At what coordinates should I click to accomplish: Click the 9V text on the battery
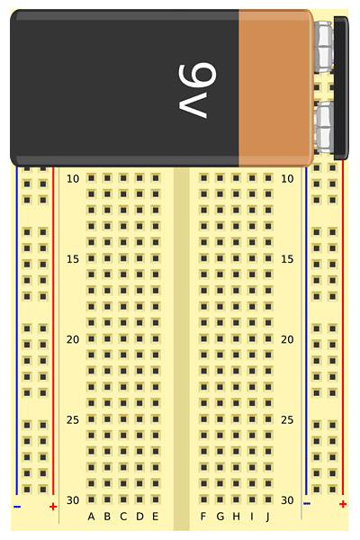tap(197, 91)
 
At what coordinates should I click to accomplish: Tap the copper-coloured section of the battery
tap(276, 88)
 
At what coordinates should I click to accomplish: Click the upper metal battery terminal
tap(325, 47)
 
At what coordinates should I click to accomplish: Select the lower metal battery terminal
tap(325, 128)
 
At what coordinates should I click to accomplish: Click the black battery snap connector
tap(341, 88)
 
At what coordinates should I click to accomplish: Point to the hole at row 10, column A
tap(91, 178)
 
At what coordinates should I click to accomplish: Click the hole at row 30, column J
tap(268, 499)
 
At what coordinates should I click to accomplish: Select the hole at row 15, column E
tap(156, 258)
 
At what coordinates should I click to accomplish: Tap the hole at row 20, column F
tap(204, 339)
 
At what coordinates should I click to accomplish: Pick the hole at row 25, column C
tap(123, 419)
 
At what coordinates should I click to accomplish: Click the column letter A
tap(91, 517)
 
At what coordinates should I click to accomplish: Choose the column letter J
tap(268, 517)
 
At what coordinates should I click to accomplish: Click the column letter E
tap(156, 517)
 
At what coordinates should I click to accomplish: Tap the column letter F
tap(203, 517)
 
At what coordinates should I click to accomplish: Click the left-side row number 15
tap(73, 259)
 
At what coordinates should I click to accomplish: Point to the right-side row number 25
tap(287, 419)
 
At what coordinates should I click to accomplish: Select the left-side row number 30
tap(73, 500)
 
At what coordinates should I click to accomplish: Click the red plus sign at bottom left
tap(53, 507)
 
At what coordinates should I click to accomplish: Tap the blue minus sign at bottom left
tap(17, 507)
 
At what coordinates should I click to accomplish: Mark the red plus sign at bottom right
tap(343, 504)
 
